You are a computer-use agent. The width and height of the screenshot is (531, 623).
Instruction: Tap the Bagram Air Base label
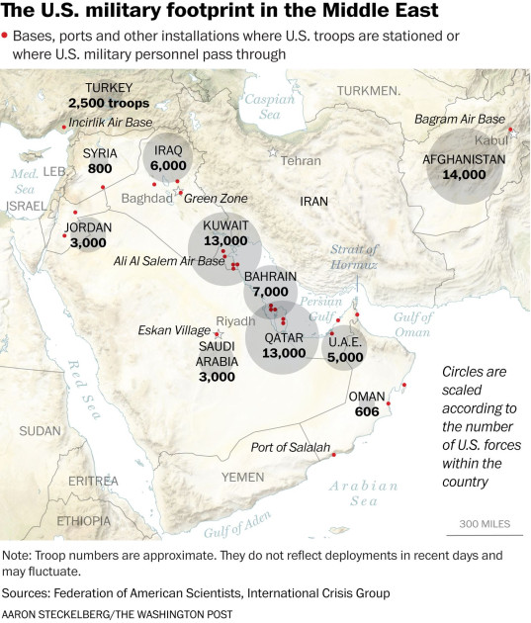pyautogui.click(x=454, y=120)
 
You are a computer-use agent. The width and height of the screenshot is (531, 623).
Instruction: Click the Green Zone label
pyautogui.click(x=216, y=199)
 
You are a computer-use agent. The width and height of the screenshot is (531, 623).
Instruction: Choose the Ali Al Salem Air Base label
pyautogui.click(x=169, y=261)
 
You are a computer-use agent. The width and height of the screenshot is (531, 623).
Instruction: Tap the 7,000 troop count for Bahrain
pyautogui.click(x=270, y=293)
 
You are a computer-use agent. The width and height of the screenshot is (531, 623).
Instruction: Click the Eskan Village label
pyautogui.click(x=174, y=330)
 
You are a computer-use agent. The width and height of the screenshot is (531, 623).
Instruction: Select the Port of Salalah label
pyautogui.click(x=291, y=448)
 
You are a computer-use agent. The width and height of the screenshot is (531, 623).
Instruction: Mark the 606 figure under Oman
pyautogui.click(x=366, y=411)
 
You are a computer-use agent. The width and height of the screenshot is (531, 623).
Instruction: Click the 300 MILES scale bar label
pyautogui.click(x=484, y=523)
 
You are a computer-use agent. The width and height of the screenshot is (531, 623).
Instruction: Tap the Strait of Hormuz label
pyautogui.click(x=355, y=259)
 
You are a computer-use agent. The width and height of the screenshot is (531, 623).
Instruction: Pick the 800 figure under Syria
pyautogui.click(x=100, y=169)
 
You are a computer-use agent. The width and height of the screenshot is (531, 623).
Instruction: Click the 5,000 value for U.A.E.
pyautogui.click(x=346, y=358)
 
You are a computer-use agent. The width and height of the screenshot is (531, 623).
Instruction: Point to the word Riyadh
pyautogui.click(x=235, y=321)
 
